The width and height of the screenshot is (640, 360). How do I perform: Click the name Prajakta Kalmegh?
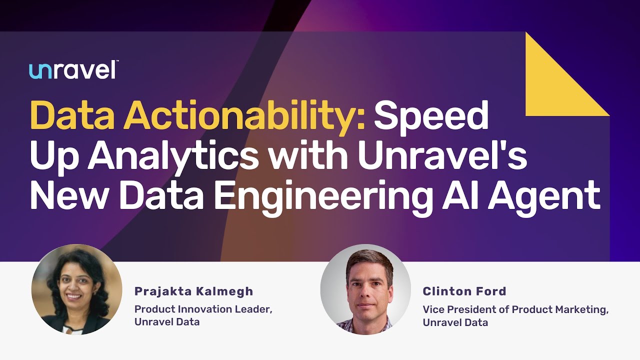click(194, 291)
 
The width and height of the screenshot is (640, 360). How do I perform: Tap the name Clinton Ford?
click(464, 291)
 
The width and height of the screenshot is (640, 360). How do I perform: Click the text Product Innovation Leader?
click(203, 309)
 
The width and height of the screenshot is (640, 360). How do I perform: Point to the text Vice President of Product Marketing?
click(515, 309)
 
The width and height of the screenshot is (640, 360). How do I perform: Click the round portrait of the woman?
click(76, 289)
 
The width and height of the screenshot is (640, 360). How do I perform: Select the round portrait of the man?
click(365, 289)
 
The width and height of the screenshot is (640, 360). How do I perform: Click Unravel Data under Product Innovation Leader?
click(167, 322)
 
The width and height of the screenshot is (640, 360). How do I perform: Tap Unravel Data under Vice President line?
click(455, 322)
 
